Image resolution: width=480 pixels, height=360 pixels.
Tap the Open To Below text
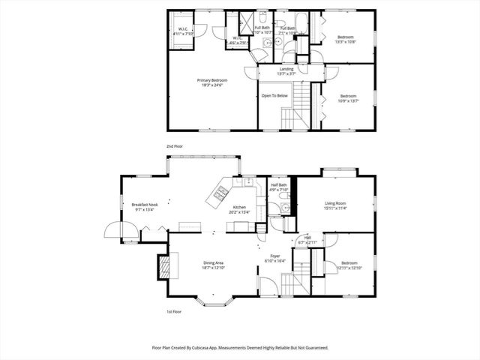pyautogui.click(x=274, y=96)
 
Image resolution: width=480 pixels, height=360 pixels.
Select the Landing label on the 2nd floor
pyautogui.click(x=286, y=69)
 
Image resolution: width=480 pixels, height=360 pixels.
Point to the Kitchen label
pyautogui.click(x=239, y=208)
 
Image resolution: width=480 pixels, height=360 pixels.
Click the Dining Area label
pyautogui.click(x=214, y=262)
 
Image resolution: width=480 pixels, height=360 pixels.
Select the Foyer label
pyautogui.click(x=276, y=256)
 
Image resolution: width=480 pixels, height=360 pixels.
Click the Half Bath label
pyautogui.click(x=279, y=185)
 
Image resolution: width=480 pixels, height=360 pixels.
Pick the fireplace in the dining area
pyautogui.click(x=163, y=265)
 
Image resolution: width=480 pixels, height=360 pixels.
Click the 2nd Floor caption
pyautogui.click(x=175, y=145)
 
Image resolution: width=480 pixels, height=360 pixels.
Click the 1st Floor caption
pyautogui.click(x=175, y=311)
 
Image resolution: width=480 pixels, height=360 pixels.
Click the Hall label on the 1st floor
pyautogui.click(x=307, y=239)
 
